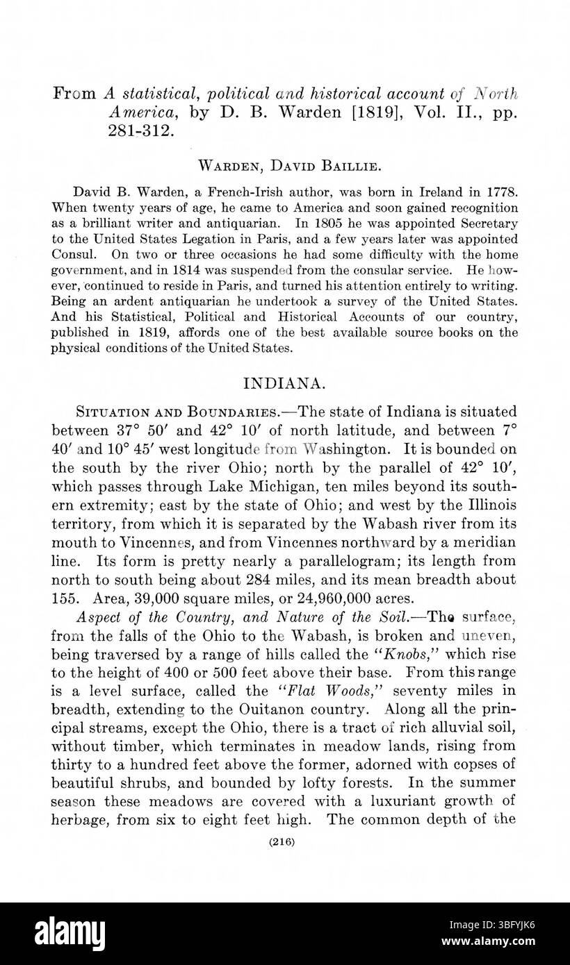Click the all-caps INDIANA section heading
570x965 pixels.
click(x=284, y=383)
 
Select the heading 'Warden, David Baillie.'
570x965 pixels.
click(x=284, y=166)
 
